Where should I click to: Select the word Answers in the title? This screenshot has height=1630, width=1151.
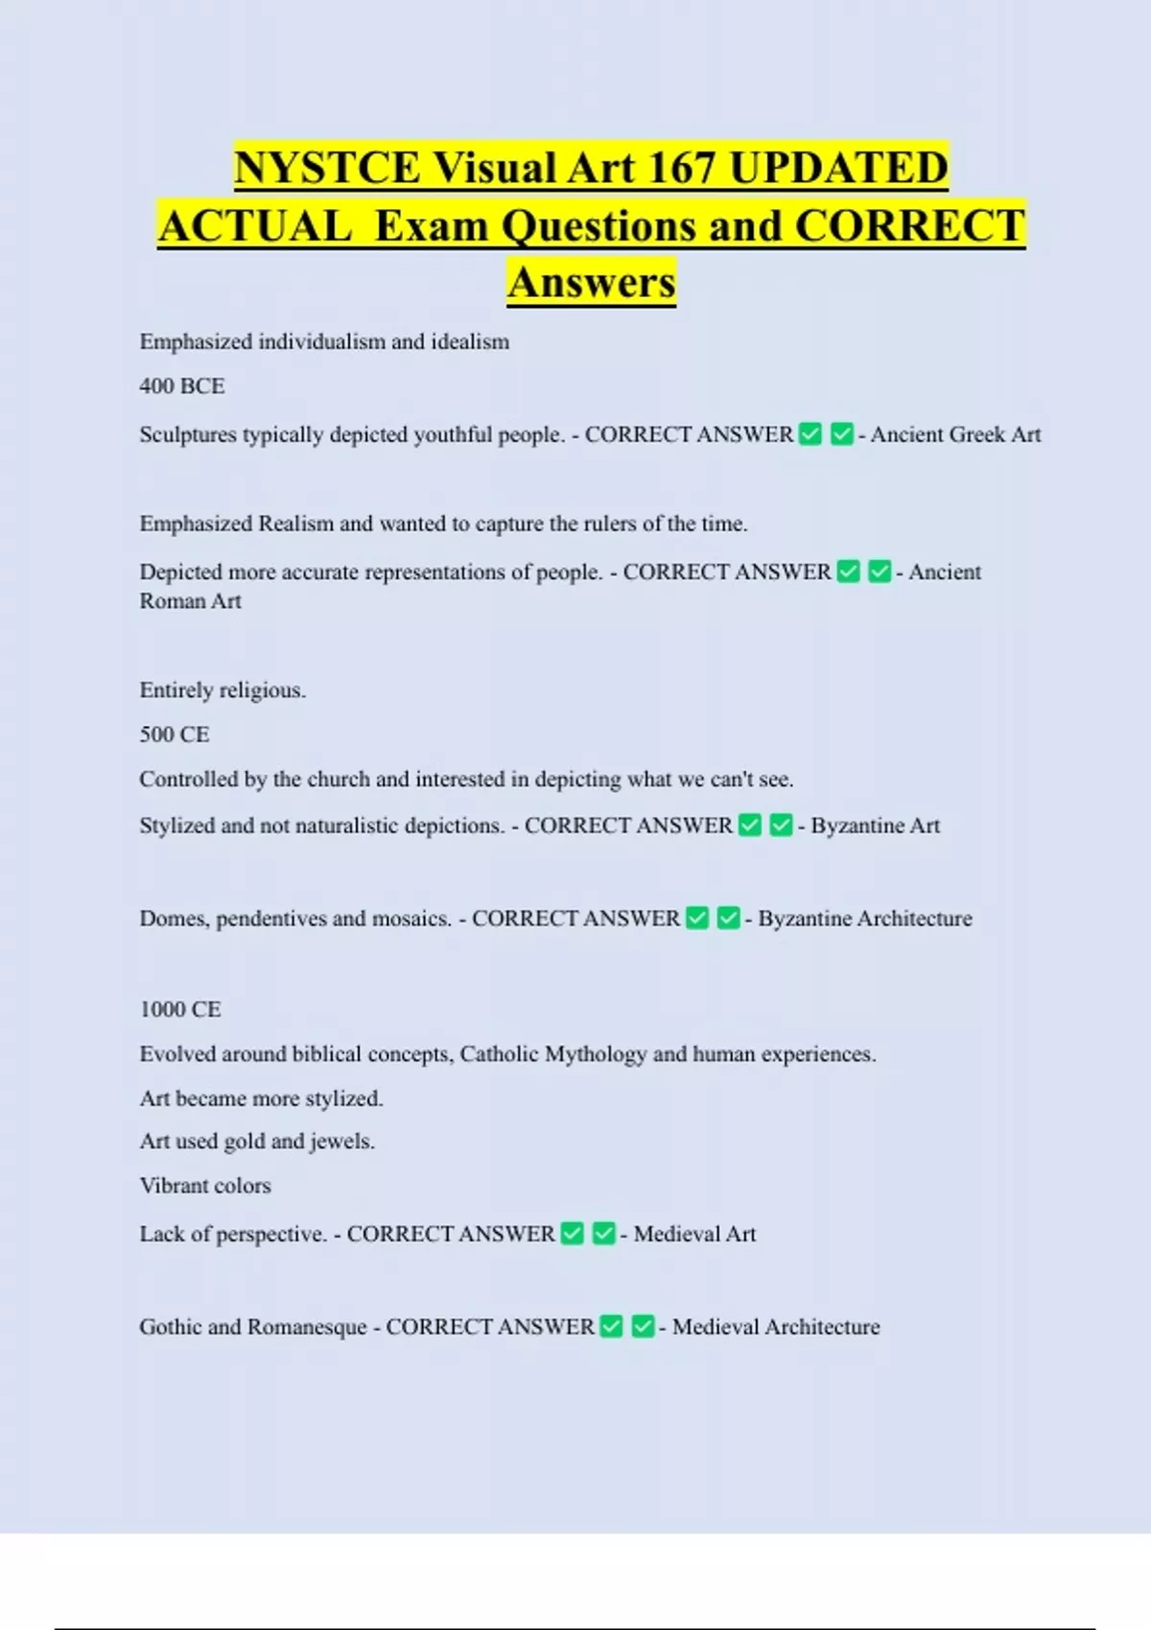592,283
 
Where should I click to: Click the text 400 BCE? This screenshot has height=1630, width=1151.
182,386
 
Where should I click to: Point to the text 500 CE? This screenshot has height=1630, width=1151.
175,734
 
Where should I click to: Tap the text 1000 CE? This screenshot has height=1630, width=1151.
180,1010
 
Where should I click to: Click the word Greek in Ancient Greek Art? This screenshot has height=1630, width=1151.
978,434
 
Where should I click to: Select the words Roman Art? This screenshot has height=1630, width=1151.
191,601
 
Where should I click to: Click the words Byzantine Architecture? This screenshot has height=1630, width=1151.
865,919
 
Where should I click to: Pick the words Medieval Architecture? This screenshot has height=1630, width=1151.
776,1327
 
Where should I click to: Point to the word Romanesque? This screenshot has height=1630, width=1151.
307,1327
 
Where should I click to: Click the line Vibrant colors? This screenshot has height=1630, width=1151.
205,1186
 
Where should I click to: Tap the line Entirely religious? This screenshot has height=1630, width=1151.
223,690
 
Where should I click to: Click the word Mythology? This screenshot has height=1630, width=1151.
596,1055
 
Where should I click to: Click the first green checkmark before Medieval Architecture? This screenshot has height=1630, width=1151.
611,1327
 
